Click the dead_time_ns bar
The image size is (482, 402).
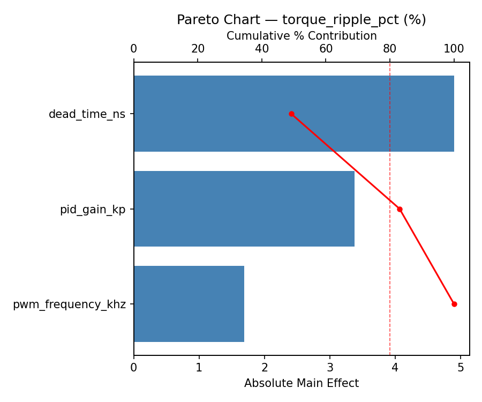(x=293, y=114)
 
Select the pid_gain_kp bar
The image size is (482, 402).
(x=244, y=209)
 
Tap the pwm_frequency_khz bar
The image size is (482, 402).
(x=189, y=304)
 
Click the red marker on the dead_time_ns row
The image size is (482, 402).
(x=291, y=114)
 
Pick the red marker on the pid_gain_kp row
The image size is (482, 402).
(x=400, y=209)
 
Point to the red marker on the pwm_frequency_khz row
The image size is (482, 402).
(x=454, y=304)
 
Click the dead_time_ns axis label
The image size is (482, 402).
(x=87, y=114)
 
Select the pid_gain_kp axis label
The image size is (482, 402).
(x=92, y=210)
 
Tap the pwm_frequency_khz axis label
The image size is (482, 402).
(x=69, y=305)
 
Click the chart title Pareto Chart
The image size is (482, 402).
(x=302, y=20)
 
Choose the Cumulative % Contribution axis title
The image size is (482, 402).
(x=302, y=36)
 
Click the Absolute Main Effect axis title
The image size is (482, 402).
(x=302, y=383)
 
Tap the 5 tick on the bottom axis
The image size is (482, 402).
(x=461, y=368)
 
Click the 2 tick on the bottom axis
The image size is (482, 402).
(x=265, y=368)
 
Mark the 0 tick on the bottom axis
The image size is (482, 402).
(x=134, y=368)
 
